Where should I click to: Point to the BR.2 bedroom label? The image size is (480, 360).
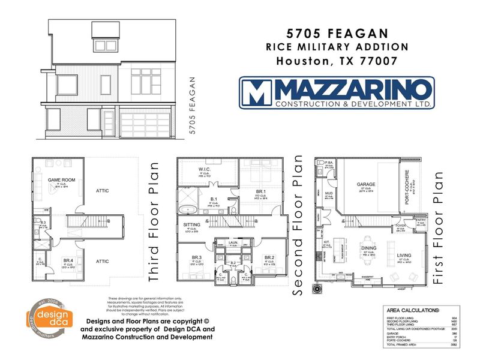[270, 257]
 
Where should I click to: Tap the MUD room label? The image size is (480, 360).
[328, 194]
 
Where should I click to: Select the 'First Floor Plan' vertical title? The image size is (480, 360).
[439, 227]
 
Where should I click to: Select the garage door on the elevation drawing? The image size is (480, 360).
[146, 125]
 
